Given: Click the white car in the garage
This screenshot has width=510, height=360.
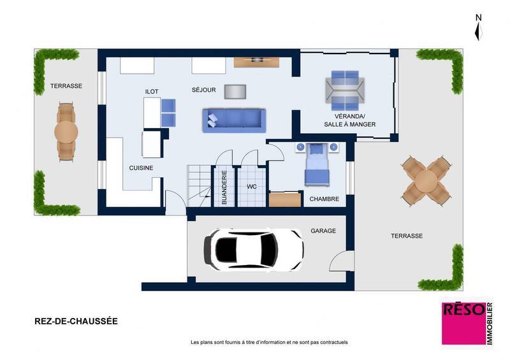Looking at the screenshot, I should pyautogui.click(x=253, y=248).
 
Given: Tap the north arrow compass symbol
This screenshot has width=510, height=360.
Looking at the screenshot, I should pyautogui.click(x=478, y=29).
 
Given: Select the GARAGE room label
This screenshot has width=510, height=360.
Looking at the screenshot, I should pyautogui.click(x=323, y=231).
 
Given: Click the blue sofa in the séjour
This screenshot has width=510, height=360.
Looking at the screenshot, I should pyautogui.click(x=233, y=120).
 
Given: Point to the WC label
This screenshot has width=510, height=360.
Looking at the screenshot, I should pyautogui.click(x=251, y=187).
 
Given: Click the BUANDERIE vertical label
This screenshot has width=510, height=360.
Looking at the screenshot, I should pyautogui.click(x=224, y=187).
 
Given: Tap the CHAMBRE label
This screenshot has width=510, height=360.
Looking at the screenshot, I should pyautogui.click(x=324, y=199).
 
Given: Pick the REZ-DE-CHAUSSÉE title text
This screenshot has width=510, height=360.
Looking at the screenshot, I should pyautogui.click(x=76, y=322).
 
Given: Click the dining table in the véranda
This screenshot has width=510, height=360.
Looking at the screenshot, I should pyautogui.click(x=345, y=89).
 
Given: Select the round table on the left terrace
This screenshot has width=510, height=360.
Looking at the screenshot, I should pyautogui.click(x=66, y=132).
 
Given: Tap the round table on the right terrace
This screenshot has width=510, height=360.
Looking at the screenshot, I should pyautogui.click(x=426, y=180).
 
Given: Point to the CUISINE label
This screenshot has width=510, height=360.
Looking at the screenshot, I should pyautogui.click(x=141, y=168).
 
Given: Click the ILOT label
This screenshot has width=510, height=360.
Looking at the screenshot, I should pyautogui.click(x=152, y=92).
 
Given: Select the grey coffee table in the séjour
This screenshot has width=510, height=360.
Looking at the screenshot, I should pyautogui.click(x=234, y=92).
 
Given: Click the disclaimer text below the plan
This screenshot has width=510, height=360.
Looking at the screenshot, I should pyautogui.click(x=269, y=342).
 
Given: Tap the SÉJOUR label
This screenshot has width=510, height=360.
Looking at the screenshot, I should pyautogui.click(x=203, y=90).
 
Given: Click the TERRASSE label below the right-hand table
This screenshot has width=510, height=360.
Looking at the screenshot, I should pyautogui.click(x=406, y=236).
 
